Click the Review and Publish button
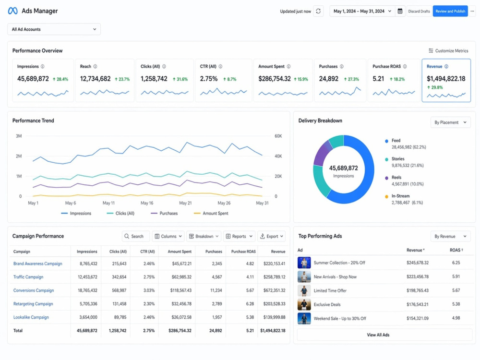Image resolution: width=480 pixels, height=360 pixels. (x=450, y=12)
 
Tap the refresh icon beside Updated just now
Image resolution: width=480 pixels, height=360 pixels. (x=318, y=12)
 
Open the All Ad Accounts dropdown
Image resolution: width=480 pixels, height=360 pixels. (x=54, y=29)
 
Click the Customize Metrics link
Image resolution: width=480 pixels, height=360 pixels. (x=448, y=51)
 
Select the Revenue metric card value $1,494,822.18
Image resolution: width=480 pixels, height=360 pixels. (x=446, y=79)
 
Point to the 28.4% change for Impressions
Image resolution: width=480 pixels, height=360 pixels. (x=60, y=79)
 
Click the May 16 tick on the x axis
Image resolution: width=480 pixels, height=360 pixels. (x=147, y=203)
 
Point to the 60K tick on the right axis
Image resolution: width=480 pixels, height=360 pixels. (x=278, y=136)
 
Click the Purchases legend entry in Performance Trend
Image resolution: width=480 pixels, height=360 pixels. (x=164, y=214)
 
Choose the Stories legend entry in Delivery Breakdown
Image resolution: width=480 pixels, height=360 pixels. (x=398, y=159)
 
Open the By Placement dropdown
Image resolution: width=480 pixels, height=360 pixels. (x=450, y=122)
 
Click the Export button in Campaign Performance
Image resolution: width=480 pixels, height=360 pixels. (x=272, y=236)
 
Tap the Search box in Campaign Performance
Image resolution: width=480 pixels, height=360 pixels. (x=136, y=236)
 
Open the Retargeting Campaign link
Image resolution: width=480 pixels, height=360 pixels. (x=33, y=304)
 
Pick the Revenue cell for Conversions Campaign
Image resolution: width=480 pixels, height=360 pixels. (x=274, y=290)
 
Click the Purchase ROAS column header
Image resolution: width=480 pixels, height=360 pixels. (x=243, y=252)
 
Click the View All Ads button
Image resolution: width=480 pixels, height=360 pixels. (x=378, y=335)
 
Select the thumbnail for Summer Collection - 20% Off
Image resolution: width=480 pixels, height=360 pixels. (x=304, y=263)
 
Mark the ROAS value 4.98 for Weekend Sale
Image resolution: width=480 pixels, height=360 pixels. (x=456, y=318)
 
